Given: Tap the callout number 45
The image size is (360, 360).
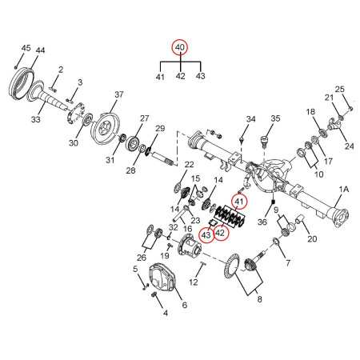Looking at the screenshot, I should pyautogui.click(x=26, y=49).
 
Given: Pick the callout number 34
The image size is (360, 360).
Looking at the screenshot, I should pyautogui.click(x=250, y=120).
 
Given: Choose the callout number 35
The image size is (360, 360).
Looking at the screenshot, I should pyautogui.click(x=276, y=120).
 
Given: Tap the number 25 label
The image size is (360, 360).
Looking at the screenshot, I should pyautogui.click(x=339, y=89).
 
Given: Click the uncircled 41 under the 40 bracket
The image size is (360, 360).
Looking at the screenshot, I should pyautogui.click(x=160, y=77).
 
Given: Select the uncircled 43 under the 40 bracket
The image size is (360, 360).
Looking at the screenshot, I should pyautogui.click(x=200, y=77).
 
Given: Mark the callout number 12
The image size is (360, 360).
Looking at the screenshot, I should pyautogui.click(x=193, y=282).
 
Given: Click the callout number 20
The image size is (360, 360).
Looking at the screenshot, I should pyautogui.click(x=312, y=238).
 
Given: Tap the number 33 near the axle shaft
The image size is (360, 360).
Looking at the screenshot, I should pyautogui.click(x=35, y=119).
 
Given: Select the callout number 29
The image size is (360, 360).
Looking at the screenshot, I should pyautogui.click(x=159, y=129).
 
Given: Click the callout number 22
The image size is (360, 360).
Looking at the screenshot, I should pyautogui.click(x=189, y=165).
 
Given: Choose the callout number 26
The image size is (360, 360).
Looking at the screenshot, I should pyautogui.click(x=142, y=258).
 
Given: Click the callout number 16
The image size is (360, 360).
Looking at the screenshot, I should pyautogui.click(x=188, y=230).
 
